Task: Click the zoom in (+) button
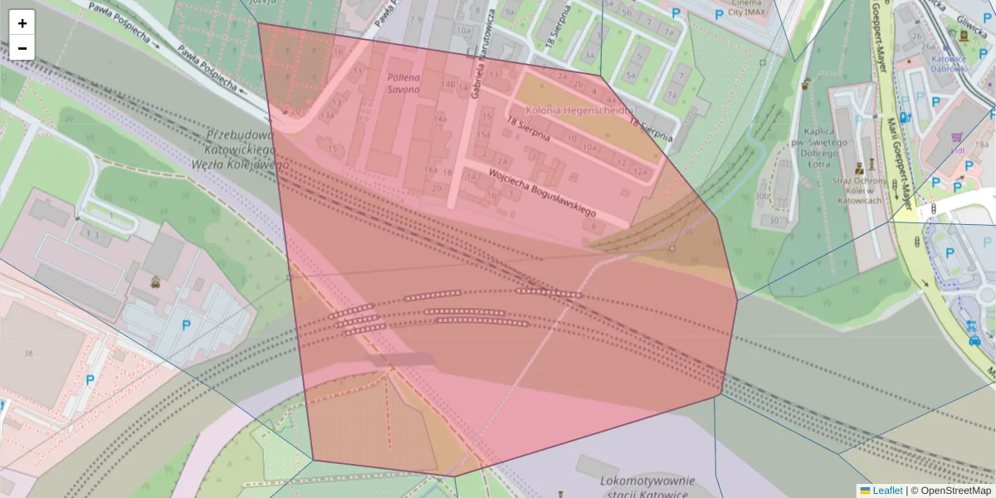click(22, 23)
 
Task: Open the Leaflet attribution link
click(887, 491)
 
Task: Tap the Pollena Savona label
click(403, 83)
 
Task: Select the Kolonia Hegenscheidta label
click(580, 110)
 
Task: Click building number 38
click(29, 354)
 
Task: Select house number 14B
click(449, 84)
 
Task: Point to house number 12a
click(640, 170)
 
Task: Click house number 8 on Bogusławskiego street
click(593, 226)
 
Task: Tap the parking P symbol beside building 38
click(90, 380)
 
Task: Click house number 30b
click(762, 197)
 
